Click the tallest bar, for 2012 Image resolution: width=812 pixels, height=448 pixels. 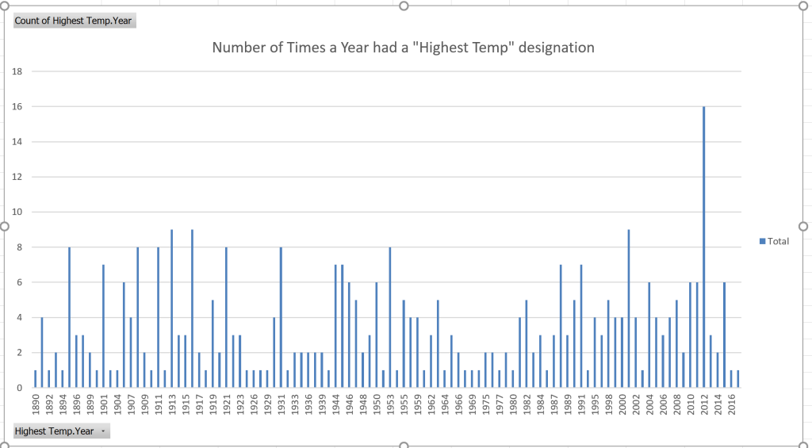703,247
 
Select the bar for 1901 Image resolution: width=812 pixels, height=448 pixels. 104,327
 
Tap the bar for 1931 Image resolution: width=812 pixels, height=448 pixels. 281,317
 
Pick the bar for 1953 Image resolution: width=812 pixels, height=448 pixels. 390,317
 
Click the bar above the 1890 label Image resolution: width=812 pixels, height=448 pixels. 36,379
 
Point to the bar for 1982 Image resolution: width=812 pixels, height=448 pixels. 527,344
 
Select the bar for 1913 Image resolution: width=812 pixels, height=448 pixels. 172,309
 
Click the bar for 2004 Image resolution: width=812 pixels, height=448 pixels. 649,335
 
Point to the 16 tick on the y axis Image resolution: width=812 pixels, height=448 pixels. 17,106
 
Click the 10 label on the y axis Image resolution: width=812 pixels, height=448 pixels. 17,212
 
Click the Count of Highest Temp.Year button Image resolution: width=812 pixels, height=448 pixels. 74,21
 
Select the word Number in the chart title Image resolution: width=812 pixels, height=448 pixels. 238,48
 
